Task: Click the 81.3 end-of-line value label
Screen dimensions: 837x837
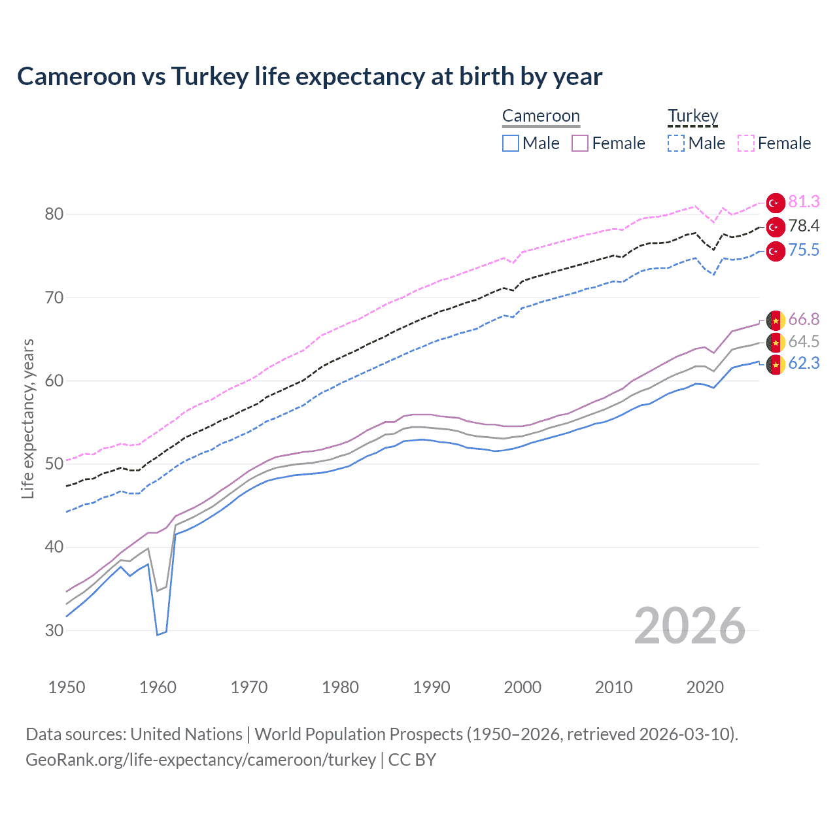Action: (803, 201)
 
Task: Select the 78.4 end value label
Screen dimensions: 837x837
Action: (803, 226)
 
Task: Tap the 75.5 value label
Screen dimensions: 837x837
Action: (803, 250)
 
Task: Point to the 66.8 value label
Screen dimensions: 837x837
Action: (803, 319)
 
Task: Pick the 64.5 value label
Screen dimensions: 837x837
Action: (803, 341)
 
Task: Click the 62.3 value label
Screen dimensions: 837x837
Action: (803, 364)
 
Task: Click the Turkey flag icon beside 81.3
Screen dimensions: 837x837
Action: (776, 203)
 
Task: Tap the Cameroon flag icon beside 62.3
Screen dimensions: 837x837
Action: (776, 364)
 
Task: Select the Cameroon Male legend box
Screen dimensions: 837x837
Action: (511, 143)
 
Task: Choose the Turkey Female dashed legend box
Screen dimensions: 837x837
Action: (746, 143)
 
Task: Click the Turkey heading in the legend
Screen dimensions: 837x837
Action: (692, 116)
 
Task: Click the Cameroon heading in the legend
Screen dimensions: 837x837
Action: (541, 116)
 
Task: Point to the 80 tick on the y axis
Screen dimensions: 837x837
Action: (55, 214)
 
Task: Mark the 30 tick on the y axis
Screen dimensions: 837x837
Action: (55, 630)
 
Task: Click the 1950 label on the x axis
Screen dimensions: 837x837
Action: (67, 687)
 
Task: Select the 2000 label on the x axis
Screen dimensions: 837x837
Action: (522, 687)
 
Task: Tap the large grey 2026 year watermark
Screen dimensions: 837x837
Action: (689, 626)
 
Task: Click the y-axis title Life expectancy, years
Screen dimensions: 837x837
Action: (27, 418)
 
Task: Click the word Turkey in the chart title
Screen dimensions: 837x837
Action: (210, 77)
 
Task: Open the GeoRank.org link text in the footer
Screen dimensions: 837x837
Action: (200, 760)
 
